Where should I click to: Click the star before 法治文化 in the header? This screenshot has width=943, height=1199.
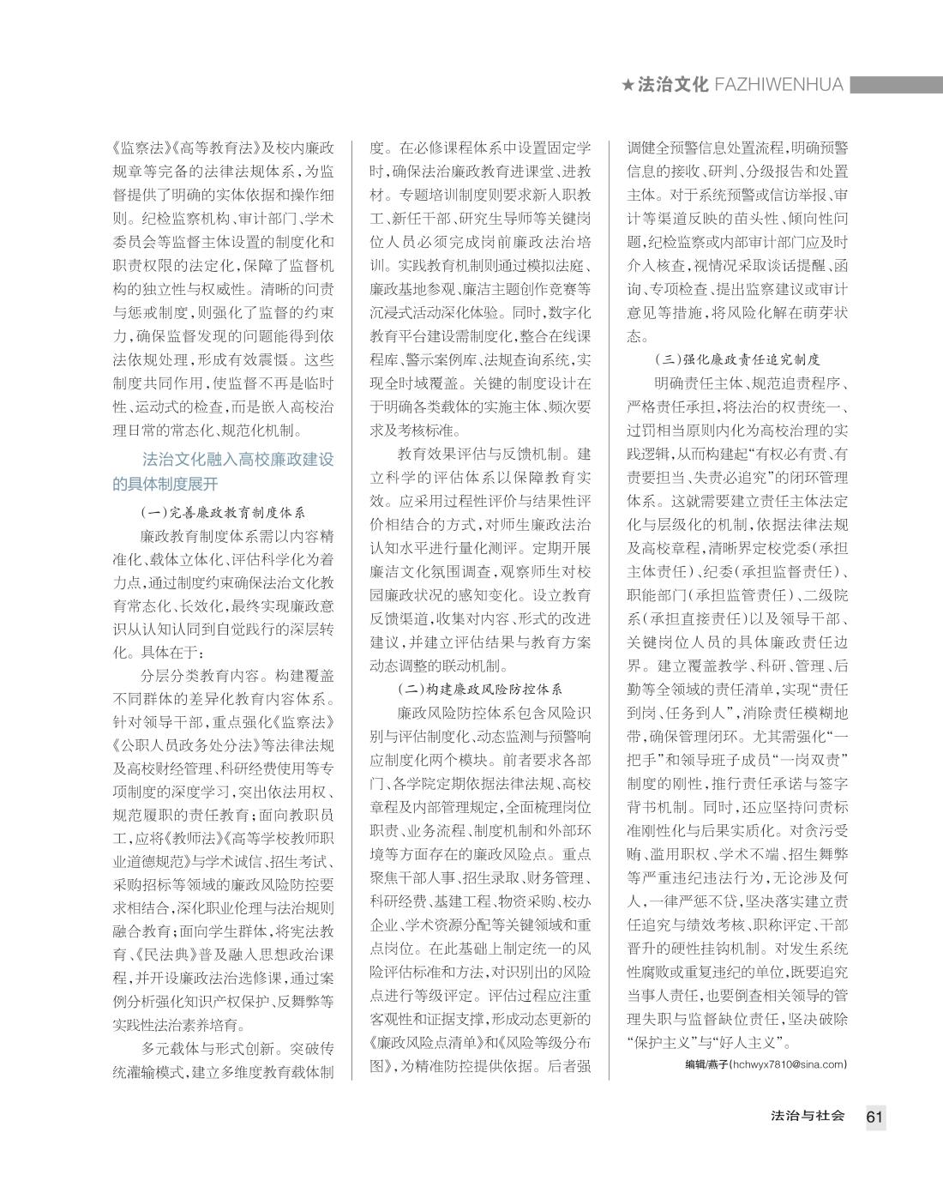tap(628, 85)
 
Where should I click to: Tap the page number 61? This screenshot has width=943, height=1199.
tap(874, 1116)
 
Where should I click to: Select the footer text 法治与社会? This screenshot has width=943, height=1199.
tap(808, 1116)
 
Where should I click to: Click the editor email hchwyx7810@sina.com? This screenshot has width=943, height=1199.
tap(787, 1064)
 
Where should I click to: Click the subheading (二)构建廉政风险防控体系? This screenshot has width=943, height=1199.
tap(480, 689)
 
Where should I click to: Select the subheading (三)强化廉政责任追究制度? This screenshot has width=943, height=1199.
tap(737, 359)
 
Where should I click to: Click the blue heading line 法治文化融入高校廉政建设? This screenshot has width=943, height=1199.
tap(237, 460)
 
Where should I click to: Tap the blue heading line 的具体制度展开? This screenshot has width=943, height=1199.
tap(165, 484)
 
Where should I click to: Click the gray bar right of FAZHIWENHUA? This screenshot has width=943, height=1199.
tap(896, 85)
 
